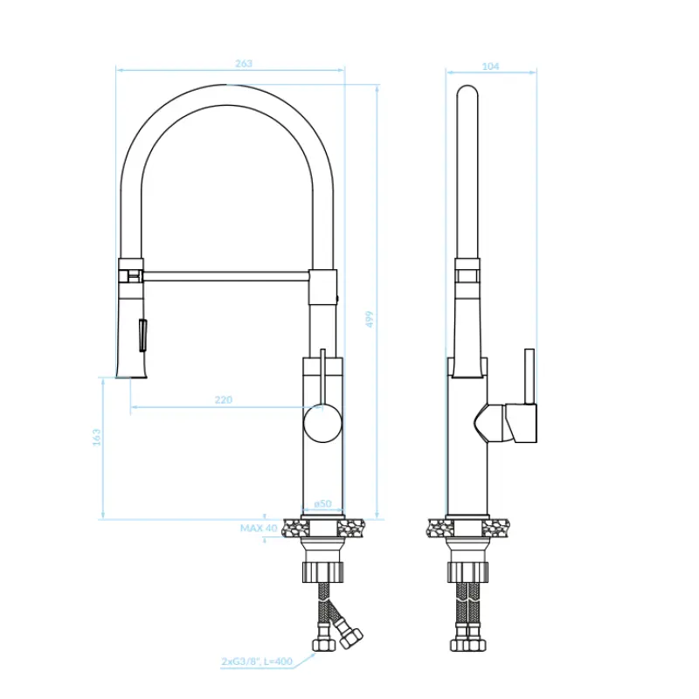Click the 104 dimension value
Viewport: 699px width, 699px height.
(491, 66)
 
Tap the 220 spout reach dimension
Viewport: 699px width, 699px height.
(224, 400)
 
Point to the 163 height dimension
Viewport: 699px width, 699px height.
(96, 437)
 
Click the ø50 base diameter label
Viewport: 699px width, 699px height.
(322, 503)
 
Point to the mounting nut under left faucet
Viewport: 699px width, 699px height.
(324, 572)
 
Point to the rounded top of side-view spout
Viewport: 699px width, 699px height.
(467, 91)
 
